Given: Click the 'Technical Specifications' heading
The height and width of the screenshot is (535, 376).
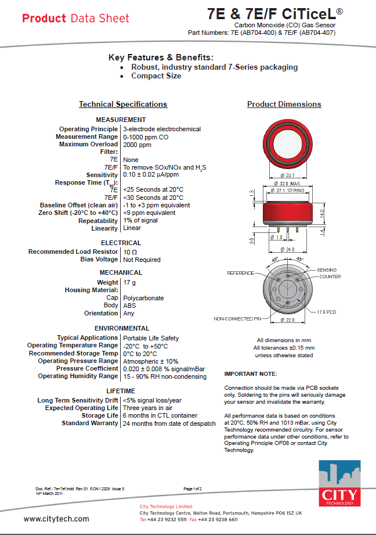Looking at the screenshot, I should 123,105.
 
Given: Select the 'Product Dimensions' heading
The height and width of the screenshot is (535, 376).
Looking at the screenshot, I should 284,105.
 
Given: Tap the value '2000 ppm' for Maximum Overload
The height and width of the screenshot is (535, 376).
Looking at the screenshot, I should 137,145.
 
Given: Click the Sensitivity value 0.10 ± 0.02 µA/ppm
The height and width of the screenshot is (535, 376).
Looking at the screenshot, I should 151,175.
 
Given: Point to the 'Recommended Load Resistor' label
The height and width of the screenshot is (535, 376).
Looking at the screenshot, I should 73,252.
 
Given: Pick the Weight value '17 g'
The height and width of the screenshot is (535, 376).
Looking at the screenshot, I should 129,282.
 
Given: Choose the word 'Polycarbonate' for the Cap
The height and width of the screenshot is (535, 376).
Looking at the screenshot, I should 143,298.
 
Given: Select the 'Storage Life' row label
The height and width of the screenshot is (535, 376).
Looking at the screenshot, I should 99,415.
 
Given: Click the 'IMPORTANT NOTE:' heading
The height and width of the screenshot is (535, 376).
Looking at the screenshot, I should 251,374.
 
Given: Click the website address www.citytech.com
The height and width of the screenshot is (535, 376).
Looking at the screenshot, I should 56,519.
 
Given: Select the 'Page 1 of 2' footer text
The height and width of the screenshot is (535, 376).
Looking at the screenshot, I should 193,489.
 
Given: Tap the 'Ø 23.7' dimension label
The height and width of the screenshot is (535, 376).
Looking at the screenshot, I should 287,175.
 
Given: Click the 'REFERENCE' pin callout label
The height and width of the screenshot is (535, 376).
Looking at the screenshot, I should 240,273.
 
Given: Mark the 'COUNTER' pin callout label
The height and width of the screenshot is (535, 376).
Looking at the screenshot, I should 330,277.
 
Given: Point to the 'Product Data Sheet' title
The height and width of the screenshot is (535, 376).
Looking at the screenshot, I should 75,18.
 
